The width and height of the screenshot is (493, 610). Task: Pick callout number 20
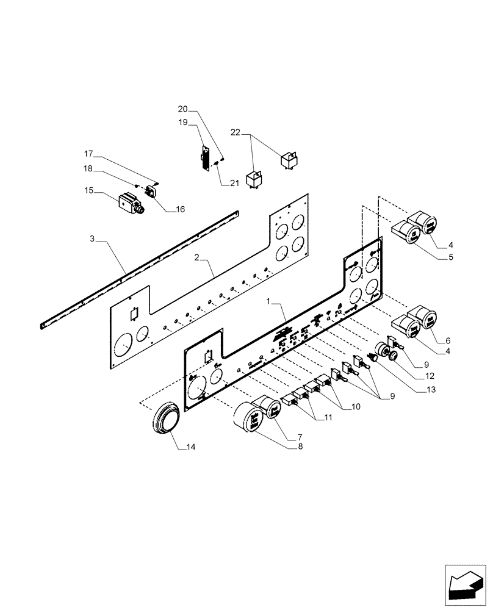[x=183, y=109]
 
